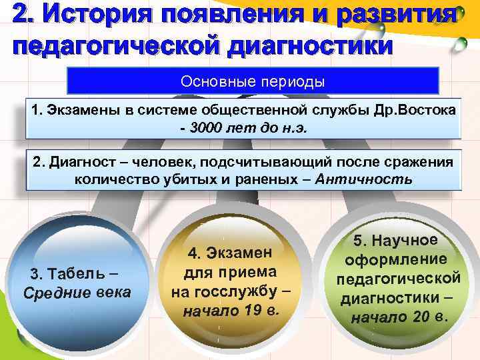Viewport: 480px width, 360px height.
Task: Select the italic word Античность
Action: point(364,179)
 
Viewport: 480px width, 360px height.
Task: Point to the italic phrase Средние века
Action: point(77,293)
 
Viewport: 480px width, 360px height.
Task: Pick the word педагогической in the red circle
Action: point(399,278)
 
